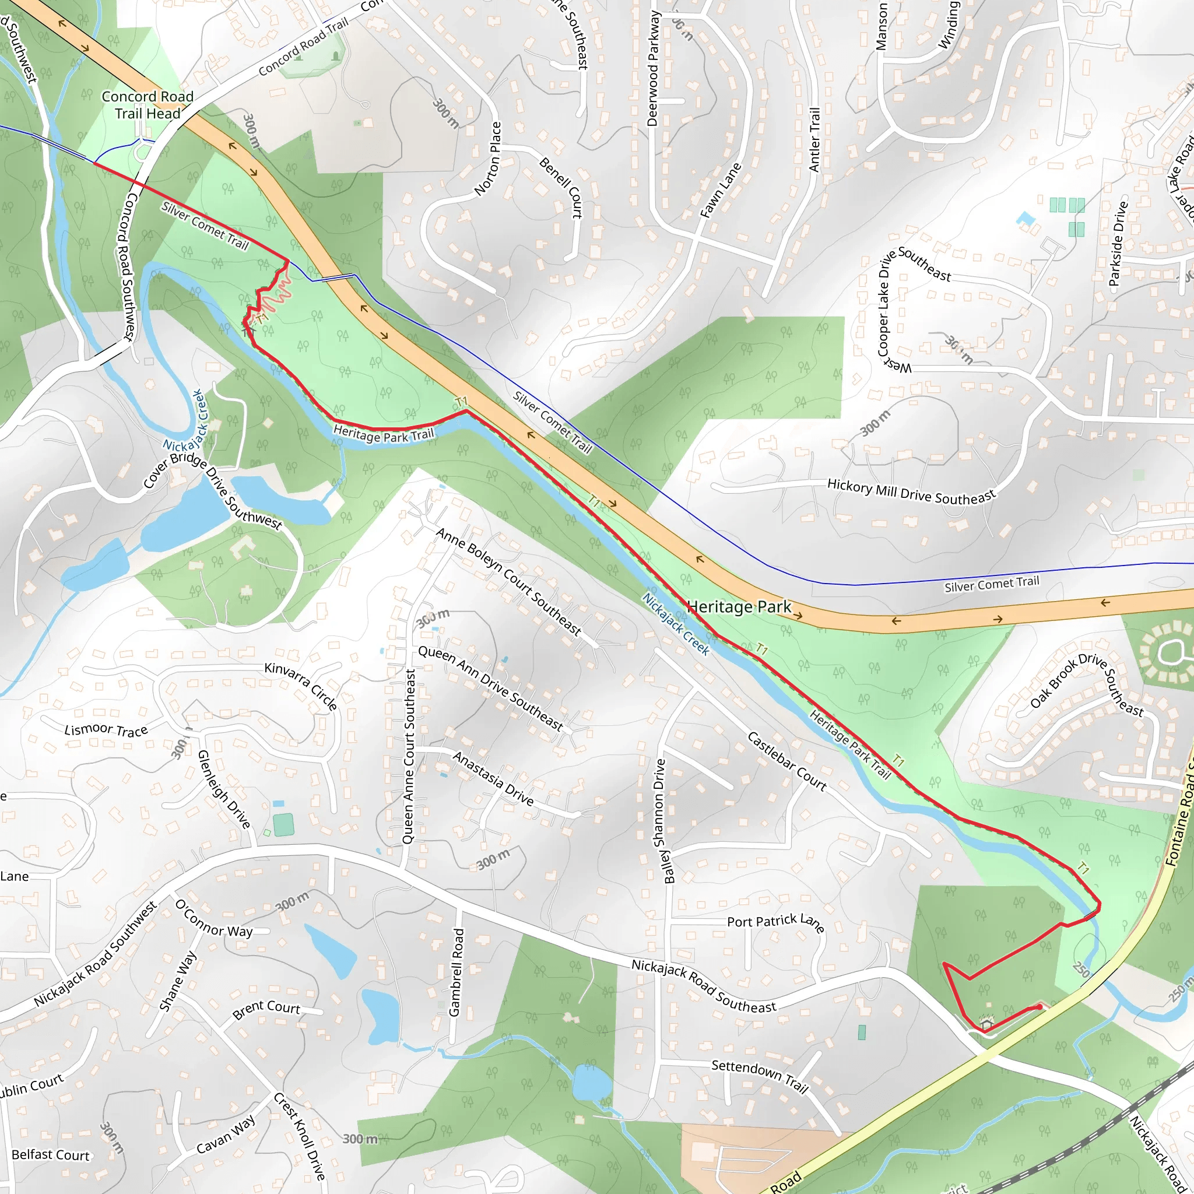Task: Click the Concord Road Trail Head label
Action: point(147,105)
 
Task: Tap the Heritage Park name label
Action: point(739,607)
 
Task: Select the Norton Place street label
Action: point(488,159)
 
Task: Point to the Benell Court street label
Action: point(560,188)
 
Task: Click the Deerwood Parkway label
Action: point(653,69)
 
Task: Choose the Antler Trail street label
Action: point(814,140)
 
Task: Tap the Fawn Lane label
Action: point(721,190)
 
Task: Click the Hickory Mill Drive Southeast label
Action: point(912,491)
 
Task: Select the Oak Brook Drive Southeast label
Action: point(1087,686)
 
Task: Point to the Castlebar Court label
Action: point(786,761)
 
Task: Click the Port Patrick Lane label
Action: point(775,922)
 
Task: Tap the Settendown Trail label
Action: point(760,1076)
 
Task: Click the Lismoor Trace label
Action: point(106,730)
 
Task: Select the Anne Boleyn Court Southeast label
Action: point(508,581)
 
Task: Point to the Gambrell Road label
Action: point(455,972)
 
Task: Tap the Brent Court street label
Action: point(266,1009)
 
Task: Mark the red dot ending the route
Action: point(1039,1007)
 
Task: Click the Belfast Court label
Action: point(51,1154)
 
